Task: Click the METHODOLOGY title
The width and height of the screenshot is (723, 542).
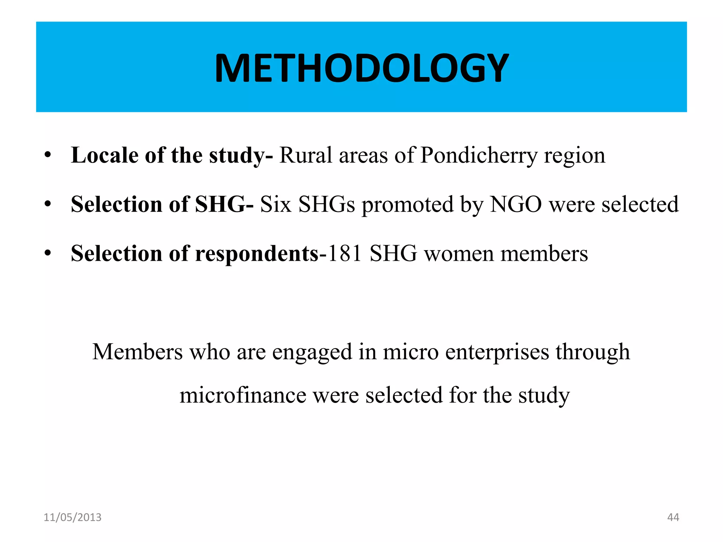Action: click(361, 68)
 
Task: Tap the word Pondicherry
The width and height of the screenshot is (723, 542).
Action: click(479, 155)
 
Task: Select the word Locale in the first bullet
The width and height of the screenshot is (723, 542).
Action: click(104, 155)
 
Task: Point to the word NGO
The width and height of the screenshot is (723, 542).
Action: click(516, 204)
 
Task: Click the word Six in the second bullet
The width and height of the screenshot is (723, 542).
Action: click(276, 204)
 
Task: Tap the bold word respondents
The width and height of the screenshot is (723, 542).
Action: click(257, 254)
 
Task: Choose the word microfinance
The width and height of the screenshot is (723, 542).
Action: click(243, 395)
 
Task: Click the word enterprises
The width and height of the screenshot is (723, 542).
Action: click(497, 352)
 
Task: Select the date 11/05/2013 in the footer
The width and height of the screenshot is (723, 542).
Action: click(72, 517)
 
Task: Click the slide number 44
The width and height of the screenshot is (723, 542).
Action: click(673, 517)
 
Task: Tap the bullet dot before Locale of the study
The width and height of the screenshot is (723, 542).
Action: click(48, 155)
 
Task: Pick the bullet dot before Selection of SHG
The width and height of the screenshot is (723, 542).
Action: click(48, 204)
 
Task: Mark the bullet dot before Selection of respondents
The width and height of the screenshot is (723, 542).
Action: click(48, 253)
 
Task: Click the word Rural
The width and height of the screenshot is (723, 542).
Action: click(306, 155)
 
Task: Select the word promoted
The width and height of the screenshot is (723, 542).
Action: click(408, 205)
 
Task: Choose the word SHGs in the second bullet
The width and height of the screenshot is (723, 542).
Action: click(327, 204)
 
